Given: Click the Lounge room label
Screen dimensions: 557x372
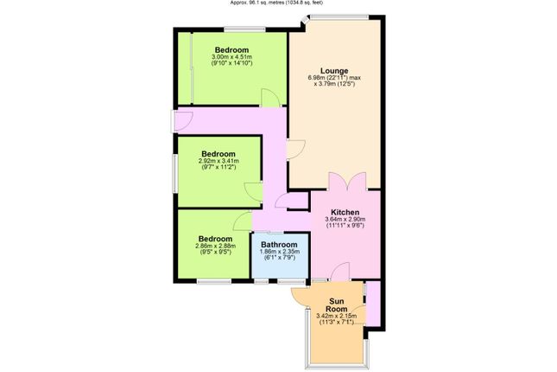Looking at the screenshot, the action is tap(334, 71).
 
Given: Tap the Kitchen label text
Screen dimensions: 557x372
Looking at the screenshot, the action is tap(345, 212).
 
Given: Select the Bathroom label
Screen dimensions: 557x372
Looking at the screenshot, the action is tap(279, 245).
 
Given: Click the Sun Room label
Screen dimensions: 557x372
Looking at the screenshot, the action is tap(337, 305).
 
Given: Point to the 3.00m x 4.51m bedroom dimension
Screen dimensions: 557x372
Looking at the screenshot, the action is tap(232, 57).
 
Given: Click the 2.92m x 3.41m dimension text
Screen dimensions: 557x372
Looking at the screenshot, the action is tap(218, 161).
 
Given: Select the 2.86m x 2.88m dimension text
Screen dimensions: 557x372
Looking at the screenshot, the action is tap(216, 246).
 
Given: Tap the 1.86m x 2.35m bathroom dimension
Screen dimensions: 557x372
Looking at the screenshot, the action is tap(280, 252).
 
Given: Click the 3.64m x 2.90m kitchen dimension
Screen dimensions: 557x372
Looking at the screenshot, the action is tap(345, 219).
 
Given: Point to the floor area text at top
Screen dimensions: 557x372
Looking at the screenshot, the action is tap(276, 3).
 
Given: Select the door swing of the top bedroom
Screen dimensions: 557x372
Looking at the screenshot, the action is tap(270, 97).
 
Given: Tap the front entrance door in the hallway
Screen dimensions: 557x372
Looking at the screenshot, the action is tap(183, 121).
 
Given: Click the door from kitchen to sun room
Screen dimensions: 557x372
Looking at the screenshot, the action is tap(340, 272).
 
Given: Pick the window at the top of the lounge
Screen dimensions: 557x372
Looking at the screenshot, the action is tap(339, 16).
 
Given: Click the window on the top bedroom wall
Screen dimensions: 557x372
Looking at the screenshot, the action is tap(244, 29).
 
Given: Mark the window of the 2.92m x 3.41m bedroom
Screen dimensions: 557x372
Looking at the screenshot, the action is tap(174, 174).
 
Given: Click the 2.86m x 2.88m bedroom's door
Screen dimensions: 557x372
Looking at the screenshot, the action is tap(243, 221).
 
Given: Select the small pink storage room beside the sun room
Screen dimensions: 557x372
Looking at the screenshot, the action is tap(373, 304).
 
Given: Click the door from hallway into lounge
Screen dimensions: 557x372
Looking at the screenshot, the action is tap(296, 150).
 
